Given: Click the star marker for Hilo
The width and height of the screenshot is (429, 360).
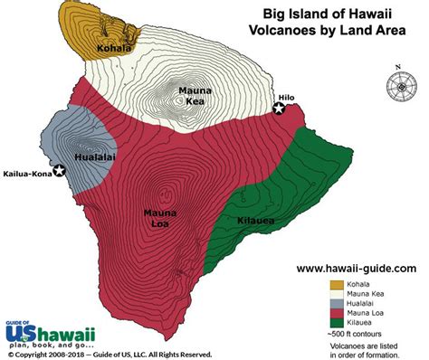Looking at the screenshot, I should [280, 109].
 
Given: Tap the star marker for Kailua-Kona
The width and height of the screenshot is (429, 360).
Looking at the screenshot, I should [60, 170].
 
